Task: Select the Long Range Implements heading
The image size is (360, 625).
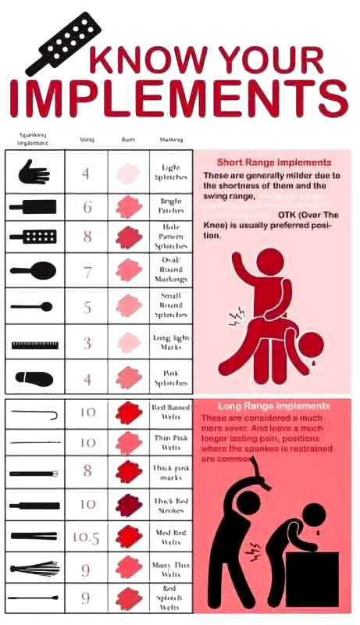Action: tap(271, 406)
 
